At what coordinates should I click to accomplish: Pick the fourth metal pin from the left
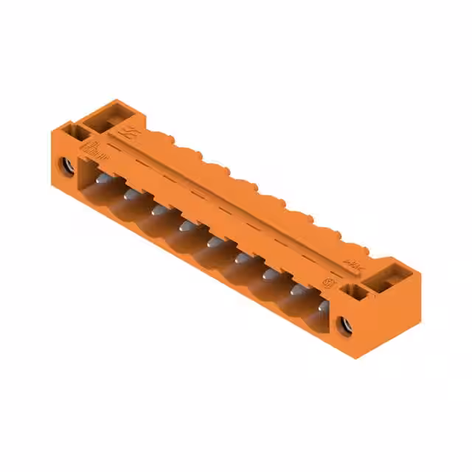click(184, 225)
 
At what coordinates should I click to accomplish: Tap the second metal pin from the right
click(296, 290)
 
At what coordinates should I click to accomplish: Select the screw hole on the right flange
click(344, 322)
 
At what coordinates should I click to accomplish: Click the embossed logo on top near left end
click(131, 133)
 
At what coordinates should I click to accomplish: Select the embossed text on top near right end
click(353, 263)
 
